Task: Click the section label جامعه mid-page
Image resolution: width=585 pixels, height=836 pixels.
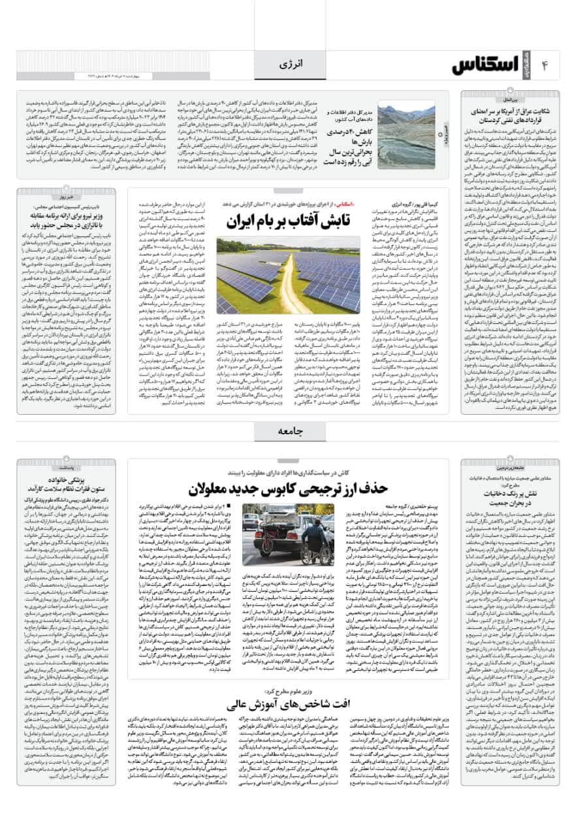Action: [x=292, y=430]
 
